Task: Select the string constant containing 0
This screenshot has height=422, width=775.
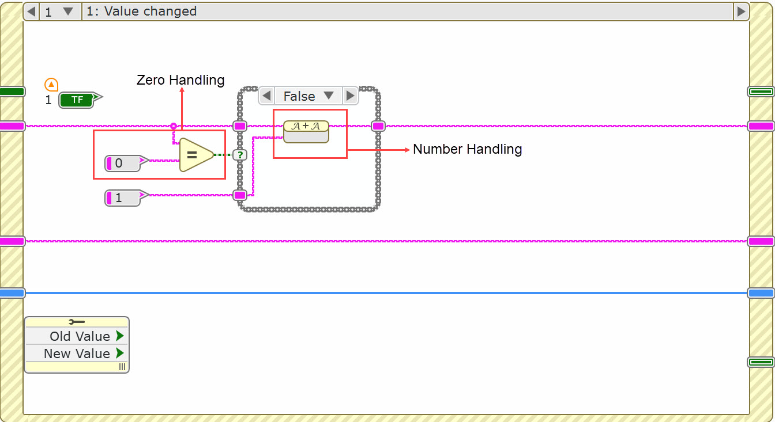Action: point(123,163)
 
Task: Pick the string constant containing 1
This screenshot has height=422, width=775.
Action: point(123,198)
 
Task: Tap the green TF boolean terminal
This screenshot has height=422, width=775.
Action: point(78,100)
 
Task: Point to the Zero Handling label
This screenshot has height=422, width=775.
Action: point(180,80)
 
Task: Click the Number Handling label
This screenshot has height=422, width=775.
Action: point(468,149)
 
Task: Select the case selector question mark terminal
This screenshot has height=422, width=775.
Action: point(240,154)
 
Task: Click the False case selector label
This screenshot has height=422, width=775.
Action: point(299,96)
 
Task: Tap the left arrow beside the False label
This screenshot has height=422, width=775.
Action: point(266,96)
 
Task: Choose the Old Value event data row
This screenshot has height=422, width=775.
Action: point(77,336)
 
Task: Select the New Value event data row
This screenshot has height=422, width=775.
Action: point(77,353)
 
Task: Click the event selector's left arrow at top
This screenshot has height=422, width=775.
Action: point(31,12)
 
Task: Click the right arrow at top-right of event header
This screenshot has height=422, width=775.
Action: point(741,12)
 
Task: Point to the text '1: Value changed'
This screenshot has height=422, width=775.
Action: point(141,12)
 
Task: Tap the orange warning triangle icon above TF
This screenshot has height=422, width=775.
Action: point(51,85)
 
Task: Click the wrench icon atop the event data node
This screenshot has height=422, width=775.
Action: point(76,322)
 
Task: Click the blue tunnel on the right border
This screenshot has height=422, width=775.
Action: point(761,293)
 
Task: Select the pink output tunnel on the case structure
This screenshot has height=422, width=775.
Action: point(378,126)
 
